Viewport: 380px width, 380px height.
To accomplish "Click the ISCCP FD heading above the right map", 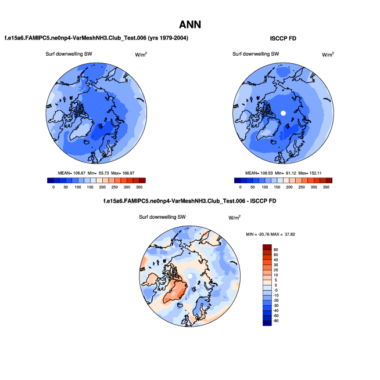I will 284,38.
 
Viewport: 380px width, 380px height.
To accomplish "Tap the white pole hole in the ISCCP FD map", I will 283,113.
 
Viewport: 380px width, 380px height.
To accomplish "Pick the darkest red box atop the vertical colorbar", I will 267,248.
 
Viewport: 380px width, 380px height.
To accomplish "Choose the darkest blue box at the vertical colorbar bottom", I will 267,321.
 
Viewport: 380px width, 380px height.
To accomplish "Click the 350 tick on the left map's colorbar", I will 139,187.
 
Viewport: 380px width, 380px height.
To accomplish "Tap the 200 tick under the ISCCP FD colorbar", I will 289,187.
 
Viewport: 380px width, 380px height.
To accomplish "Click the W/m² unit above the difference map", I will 234,218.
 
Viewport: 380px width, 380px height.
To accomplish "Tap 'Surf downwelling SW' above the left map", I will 69,54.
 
